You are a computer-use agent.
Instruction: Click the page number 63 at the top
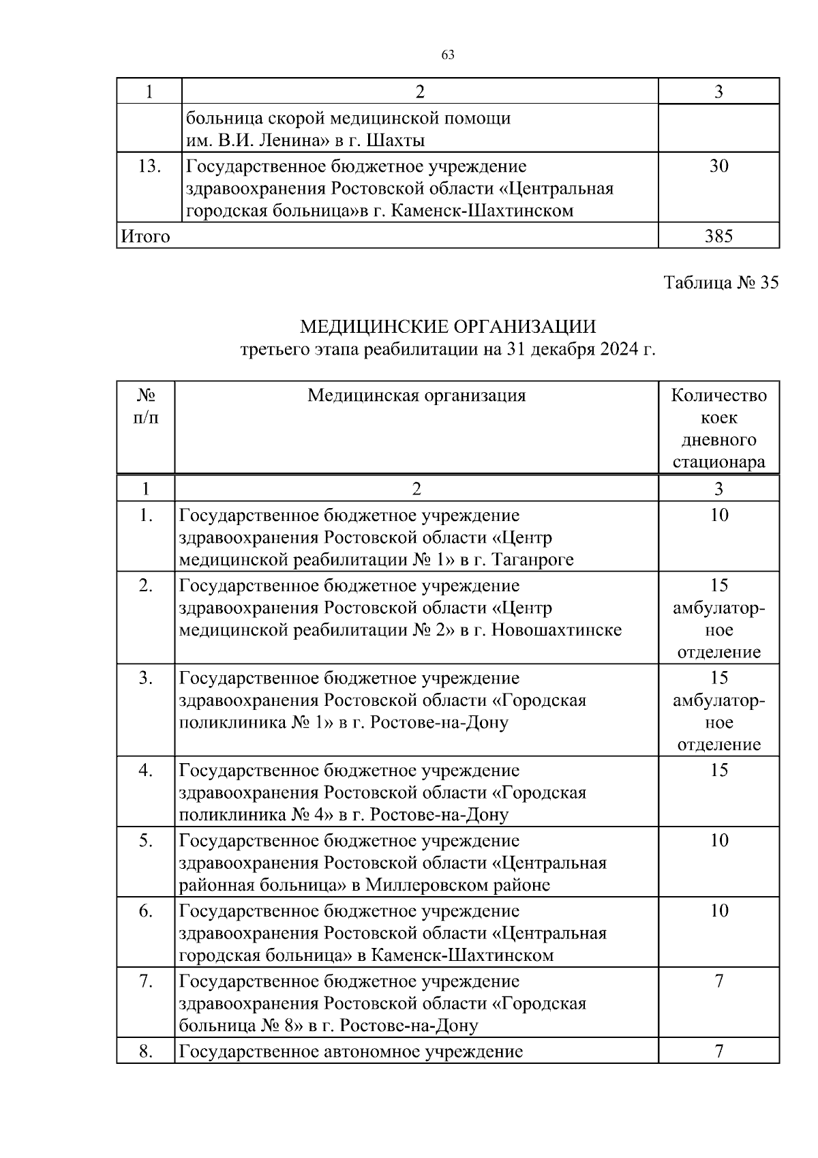(x=448, y=55)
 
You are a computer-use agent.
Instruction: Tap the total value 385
(x=718, y=236)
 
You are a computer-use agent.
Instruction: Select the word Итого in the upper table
(x=145, y=236)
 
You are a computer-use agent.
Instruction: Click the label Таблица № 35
(x=721, y=282)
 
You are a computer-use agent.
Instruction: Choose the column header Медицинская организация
(x=416, y=396)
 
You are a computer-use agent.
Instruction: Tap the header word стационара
(x=719, y=462)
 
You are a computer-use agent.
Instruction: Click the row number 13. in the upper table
(x=149, y=166)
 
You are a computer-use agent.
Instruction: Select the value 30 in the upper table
(x=718, y=166)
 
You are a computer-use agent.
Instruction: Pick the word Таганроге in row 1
(x=531, y=560)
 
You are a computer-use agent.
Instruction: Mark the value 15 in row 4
(x=719, y=770)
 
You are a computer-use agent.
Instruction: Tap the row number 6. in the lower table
(x=145, y=910)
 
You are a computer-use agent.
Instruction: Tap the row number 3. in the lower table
(x=145, y=678)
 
